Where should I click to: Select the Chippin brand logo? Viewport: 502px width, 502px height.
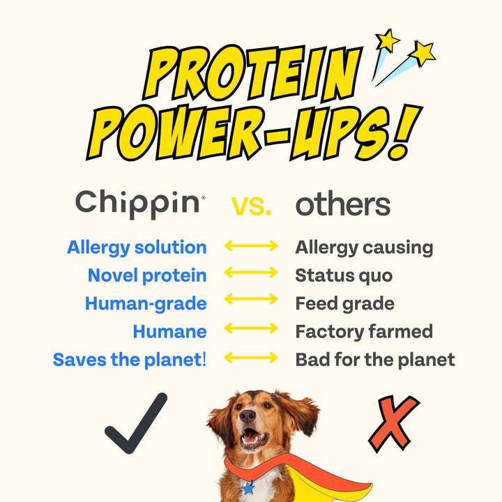click(139, 203)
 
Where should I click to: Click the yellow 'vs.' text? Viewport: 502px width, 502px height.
click(252, 205)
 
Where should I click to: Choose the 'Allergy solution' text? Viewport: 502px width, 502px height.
click(137, 247)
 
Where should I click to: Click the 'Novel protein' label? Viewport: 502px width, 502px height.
click(147, 275)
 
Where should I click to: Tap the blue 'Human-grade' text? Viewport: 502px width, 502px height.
click(146, 303)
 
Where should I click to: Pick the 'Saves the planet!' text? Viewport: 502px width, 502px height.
click(130, 360)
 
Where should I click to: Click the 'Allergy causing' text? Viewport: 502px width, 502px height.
click(364, 247)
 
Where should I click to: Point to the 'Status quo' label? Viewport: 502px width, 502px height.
click(344, 275)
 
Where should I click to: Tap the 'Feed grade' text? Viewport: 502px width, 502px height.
click(344, 303)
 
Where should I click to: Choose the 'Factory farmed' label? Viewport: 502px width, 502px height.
click(364, 331)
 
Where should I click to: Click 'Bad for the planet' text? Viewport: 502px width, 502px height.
click(375, 360)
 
